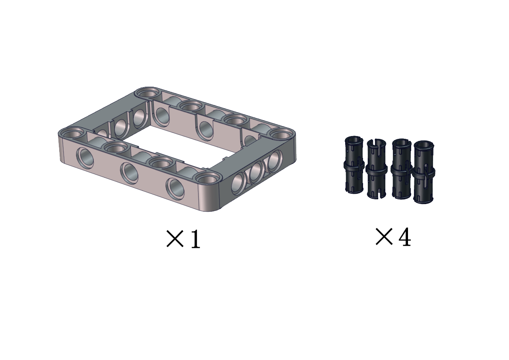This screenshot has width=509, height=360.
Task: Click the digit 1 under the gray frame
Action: click(195, 239)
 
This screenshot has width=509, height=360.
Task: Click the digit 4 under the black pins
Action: click(405, 237)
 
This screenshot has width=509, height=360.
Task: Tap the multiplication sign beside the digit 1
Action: click(175, 239)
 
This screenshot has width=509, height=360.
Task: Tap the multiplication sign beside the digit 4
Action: click(384, 237)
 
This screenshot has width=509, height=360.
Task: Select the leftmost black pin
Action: click(354, 165)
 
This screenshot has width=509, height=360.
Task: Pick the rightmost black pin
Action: click(424, 172)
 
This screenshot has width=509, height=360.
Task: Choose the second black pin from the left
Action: click(377, 169)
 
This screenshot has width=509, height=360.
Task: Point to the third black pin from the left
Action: click(401, 169)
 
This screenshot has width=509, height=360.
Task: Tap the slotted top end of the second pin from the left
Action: click(376, 142)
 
